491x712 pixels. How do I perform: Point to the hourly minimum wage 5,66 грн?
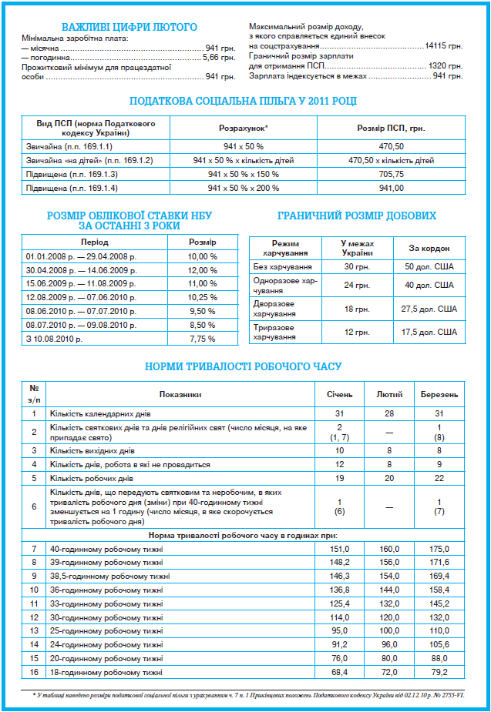coord(219,57)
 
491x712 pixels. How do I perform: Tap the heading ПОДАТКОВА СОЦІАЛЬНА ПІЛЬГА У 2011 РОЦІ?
coord(243,102)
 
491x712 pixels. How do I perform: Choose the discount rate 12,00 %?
coord(203,270)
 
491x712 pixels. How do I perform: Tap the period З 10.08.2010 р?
coord(54,339)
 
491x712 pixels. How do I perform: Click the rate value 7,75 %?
coord(203,339)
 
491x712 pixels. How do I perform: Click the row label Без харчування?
coord(282,266)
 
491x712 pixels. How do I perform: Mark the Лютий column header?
coord(388,394)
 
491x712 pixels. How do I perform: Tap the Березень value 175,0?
coord(439,549)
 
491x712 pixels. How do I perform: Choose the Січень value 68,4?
coord(339,672)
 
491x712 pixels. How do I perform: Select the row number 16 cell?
coord(34,672)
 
